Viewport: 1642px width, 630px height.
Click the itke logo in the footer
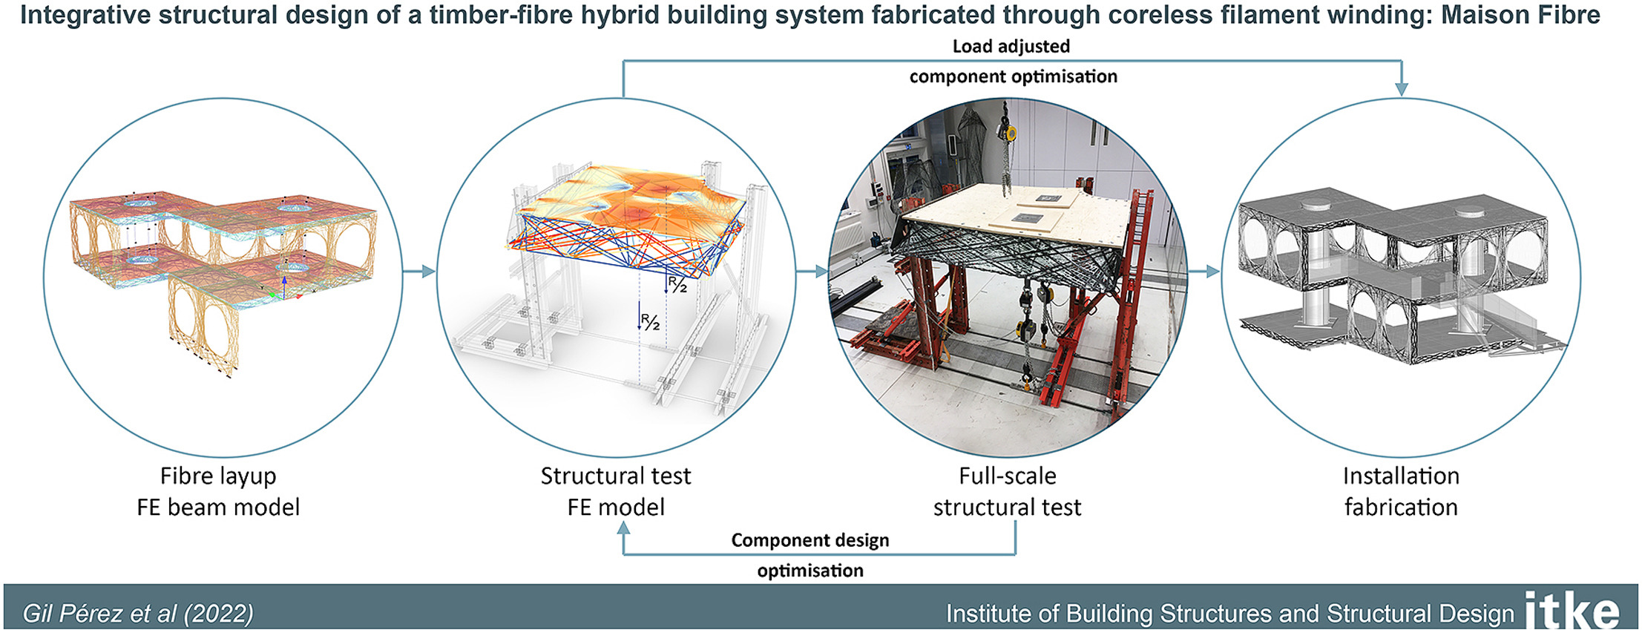point(1572,611)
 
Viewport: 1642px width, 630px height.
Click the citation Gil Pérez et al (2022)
point(138,614)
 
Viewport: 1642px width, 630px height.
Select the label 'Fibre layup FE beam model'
point(218,491)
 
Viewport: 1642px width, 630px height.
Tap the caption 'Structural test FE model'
point(616,491)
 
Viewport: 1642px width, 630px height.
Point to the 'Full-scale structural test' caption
point(1007,491)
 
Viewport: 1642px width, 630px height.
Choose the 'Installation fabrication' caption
point(1401,491)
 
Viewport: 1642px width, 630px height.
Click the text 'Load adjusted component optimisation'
point(1013,61)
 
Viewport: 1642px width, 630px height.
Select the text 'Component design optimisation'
point(810,555)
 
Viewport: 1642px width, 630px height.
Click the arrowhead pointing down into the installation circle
point(1401,89)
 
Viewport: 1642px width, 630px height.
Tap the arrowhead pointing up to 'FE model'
point(623,528)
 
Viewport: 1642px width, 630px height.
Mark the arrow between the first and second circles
point(419,272)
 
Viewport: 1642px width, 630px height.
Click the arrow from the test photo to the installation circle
point(1204,272)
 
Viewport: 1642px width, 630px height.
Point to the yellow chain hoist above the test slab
point(1008,133)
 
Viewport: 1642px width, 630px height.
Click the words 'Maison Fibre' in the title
point(1520,14)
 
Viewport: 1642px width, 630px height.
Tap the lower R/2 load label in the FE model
point(650,322)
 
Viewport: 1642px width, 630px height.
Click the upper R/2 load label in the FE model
point(677,284)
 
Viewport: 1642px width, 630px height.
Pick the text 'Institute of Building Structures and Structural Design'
point(1229,614)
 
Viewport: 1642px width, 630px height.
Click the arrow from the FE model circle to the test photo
point(812,272)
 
